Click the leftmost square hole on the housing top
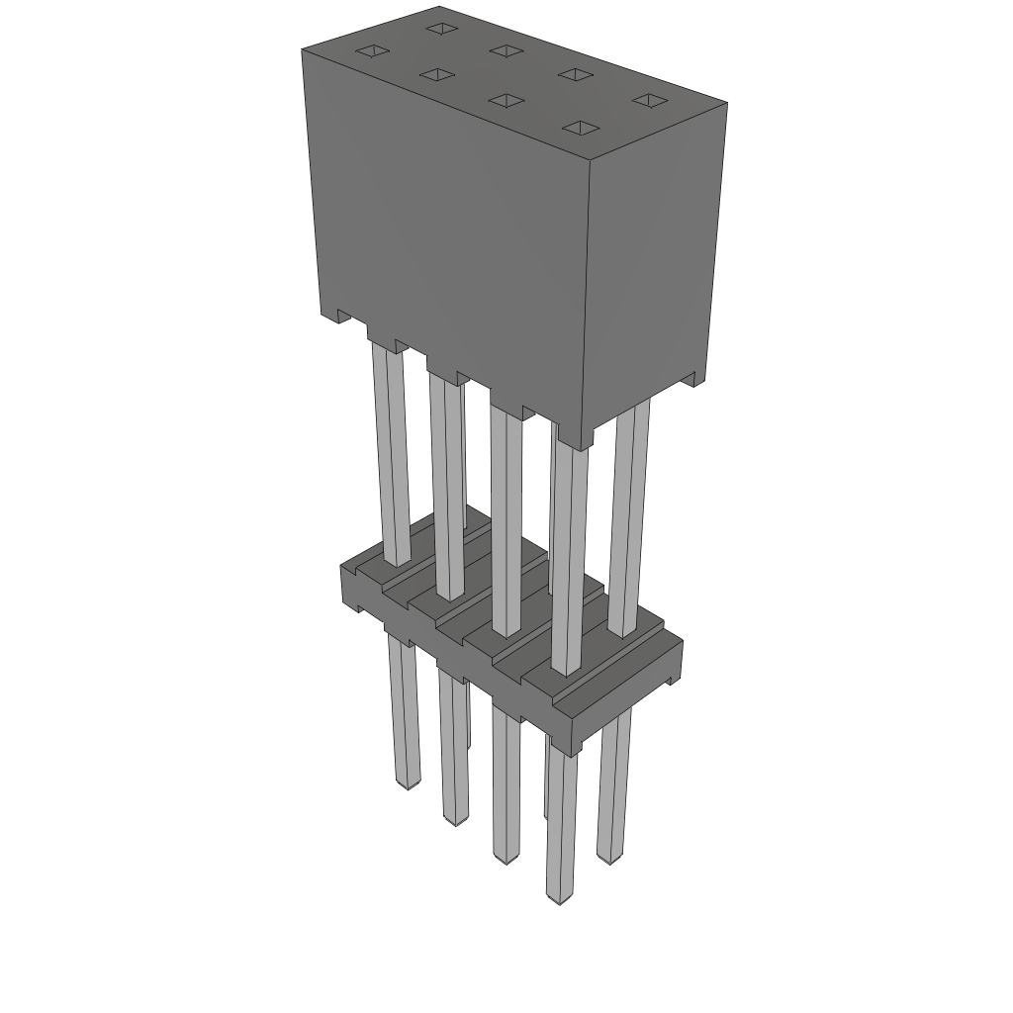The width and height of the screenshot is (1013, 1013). pyautogui.click(x=373, y=51)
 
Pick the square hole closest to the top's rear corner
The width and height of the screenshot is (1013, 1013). pyautogui.click(x=440, y=28)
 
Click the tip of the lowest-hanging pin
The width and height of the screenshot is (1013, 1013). pyautogui.click(x=560, y=898)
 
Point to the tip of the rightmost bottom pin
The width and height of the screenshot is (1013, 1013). pyautogui.click(x=611, y=857)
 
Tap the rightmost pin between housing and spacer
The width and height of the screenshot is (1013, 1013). pyautogui.click(x=629, y=514)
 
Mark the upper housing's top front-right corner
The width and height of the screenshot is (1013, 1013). pyautogui.click(x=591, y=158)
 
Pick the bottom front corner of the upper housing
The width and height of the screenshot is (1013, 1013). pyautogui.click(x=592, y=443)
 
